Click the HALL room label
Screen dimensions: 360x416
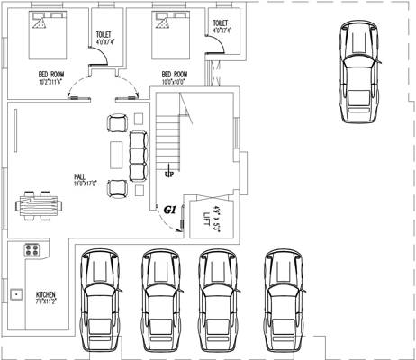(x=80, y=176)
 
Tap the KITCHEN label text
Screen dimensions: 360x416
(x=45, y=294)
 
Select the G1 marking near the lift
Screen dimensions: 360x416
(x=169, y=210)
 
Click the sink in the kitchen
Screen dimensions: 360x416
(x=16, y=294)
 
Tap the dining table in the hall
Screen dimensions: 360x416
(x=41, y=204)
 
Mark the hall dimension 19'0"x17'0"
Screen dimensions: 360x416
(x=85, y=184)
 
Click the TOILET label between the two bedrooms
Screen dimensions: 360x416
(x=104, y=36)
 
